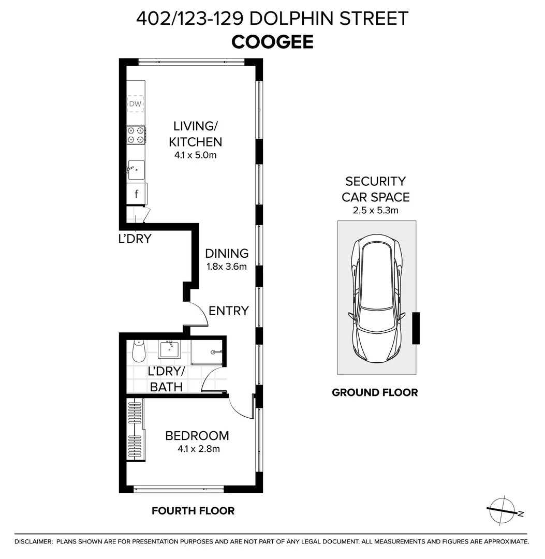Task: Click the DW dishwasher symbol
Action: [136, 104]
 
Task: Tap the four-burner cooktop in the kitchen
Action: [136, 135]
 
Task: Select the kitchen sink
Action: [136, 170]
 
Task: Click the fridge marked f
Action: [137, 194]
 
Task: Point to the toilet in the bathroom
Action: [138, 350]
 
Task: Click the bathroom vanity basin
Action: [170, 349]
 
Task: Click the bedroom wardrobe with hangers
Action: [136, 430]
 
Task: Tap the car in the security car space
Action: [377, 297]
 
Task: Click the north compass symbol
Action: [503, 510]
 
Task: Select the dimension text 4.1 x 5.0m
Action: [195, 155]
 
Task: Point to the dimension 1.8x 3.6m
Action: [227, 267]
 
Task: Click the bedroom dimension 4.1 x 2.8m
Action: [199, 448]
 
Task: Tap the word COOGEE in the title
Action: [272, 42]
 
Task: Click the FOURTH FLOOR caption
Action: [193, 511]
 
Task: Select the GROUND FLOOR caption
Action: [375, 392]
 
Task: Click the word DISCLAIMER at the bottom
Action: [33, 542]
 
